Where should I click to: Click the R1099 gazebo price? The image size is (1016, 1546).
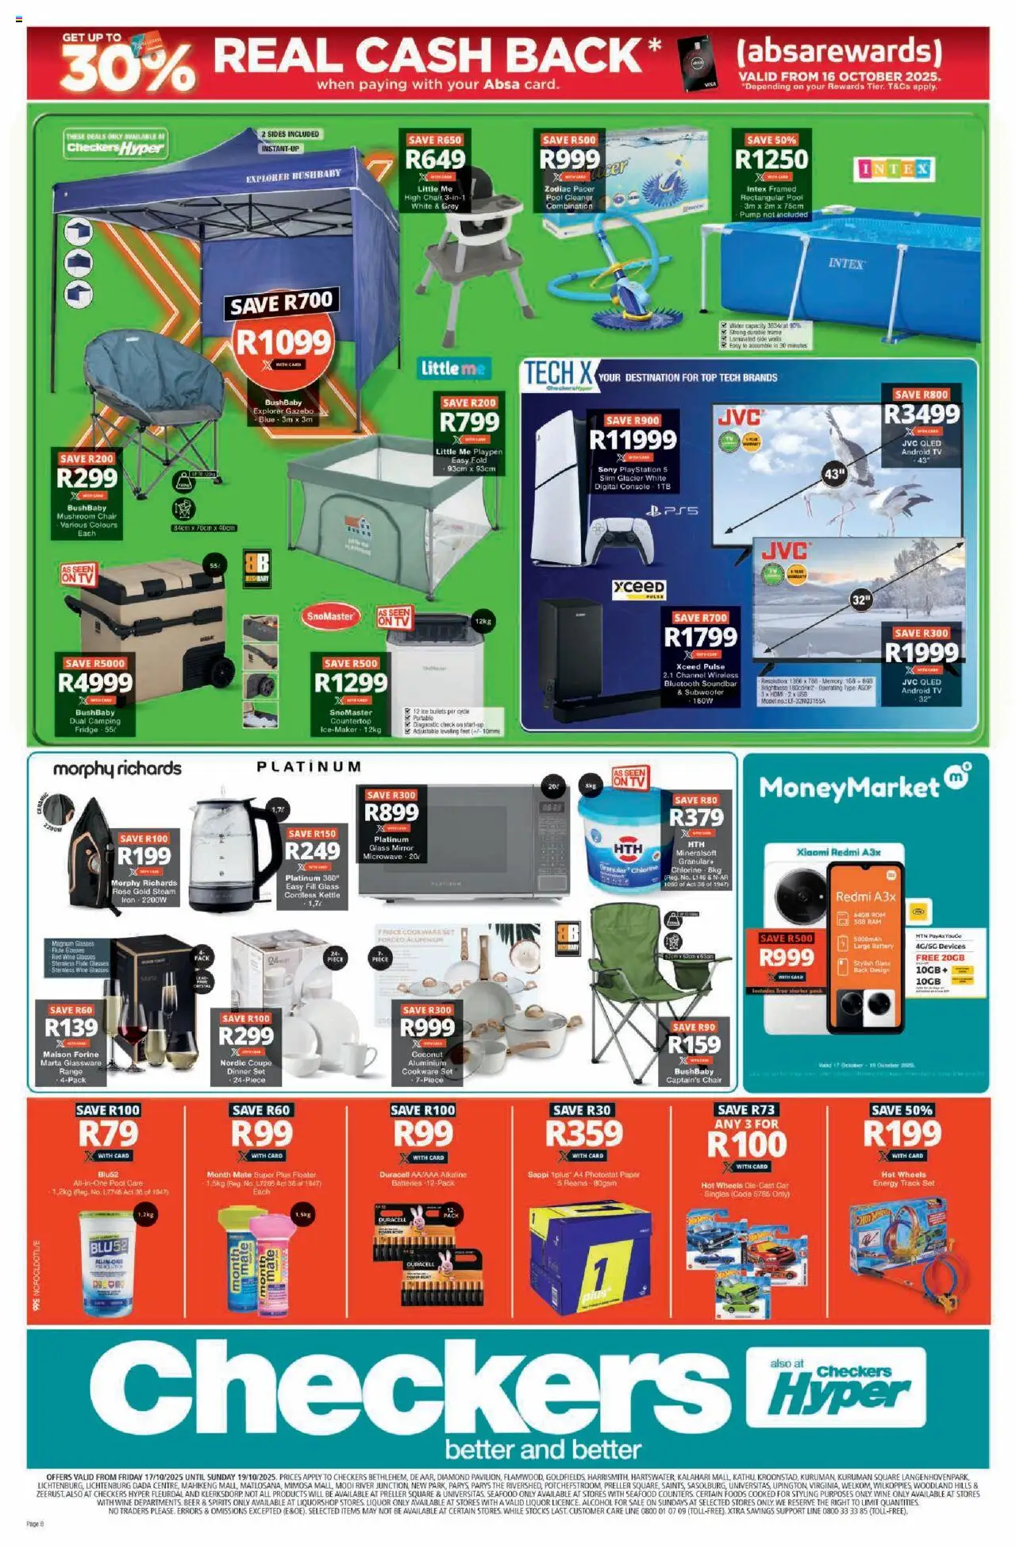pyautogui.click(x=283, y=342)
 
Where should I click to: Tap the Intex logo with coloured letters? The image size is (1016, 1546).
pyautogui.click(x=894, y=169)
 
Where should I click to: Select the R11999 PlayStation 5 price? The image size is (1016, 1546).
pyautogui.click(x=633, y=440)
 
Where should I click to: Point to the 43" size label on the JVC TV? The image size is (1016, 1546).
pyautogui.click(x=834, y=475)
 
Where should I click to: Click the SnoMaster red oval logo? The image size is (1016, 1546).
pyautogui.click(x=330, y=616)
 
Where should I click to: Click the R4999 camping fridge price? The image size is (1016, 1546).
pyautogui.click(x=95, y=683)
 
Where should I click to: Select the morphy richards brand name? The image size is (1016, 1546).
pyautogui.click(x=117, y=769)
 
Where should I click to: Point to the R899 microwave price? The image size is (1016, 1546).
pyautogui.click(x=391, y=812)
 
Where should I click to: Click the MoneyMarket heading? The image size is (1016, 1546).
pyautogui.click(x=849, y=788)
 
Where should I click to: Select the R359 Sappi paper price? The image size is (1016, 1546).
pyautogui.click(x=583, y=1134)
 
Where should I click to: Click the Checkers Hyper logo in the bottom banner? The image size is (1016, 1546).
pyautogui.click(x=837, y=1386)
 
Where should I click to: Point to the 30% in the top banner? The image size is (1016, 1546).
pyautogui.click(x=127, y=67)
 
